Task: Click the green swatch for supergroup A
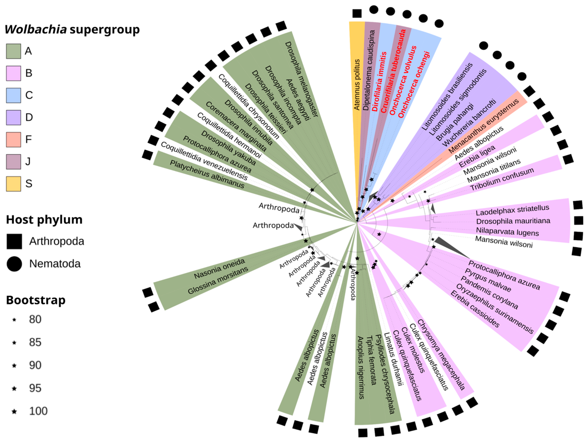tap(13, 51)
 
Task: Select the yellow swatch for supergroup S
tap(13, 184)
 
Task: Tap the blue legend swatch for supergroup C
tap(13, 95)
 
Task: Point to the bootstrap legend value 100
tap(38, 411)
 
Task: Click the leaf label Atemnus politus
tap(357, 85)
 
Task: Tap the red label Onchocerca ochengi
tap(414, 85)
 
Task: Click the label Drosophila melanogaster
tap(301, 79)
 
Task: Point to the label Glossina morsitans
tap(218, 280)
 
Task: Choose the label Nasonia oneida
tap(219, 269)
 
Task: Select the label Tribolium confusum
tap(502, 179)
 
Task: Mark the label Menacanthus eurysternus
tap(483, 126)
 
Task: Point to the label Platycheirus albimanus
tap(207, 174)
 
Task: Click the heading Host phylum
tap(44, 220)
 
